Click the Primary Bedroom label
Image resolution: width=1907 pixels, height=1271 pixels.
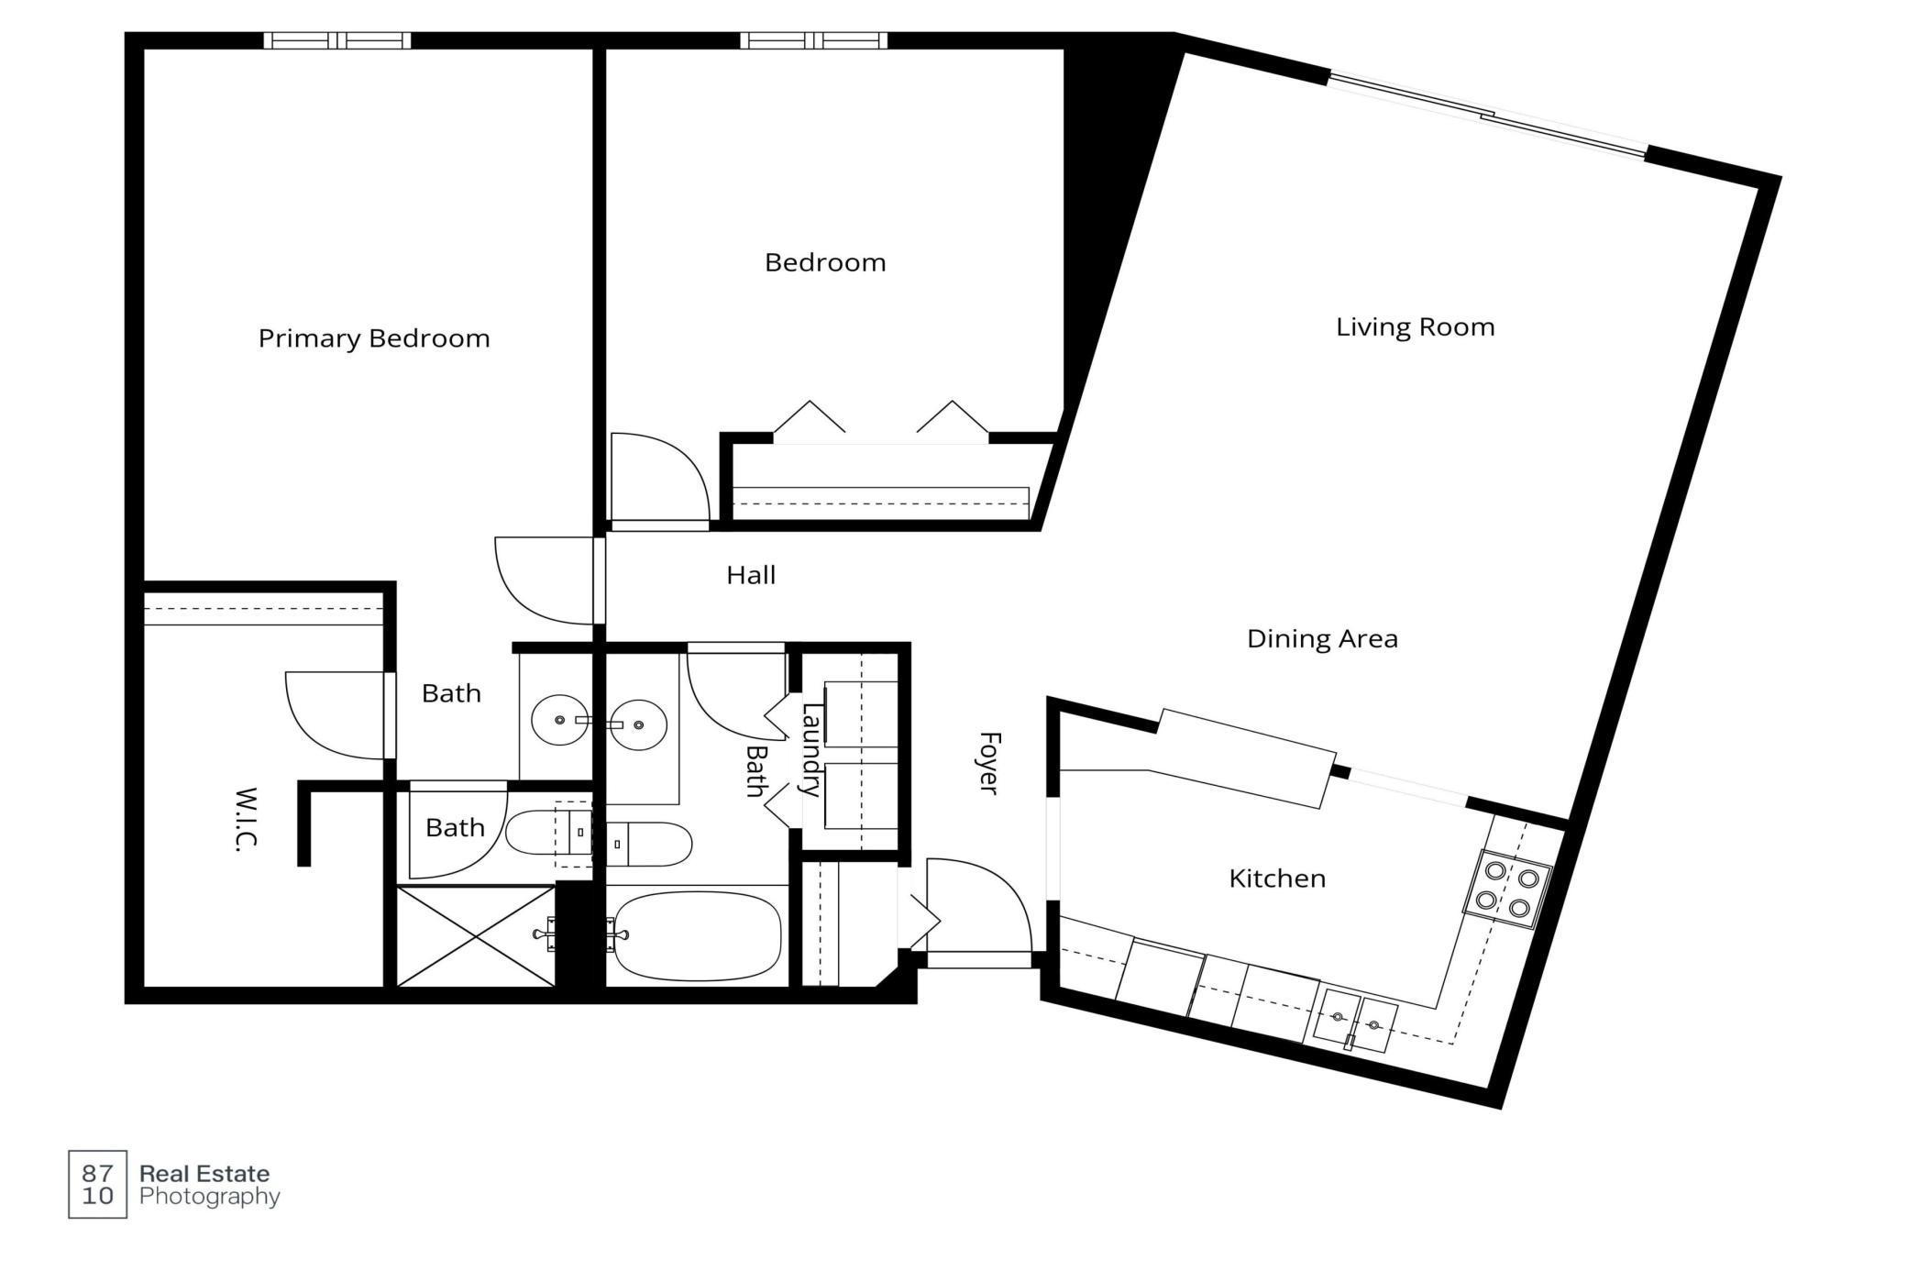click(x=373, y=338)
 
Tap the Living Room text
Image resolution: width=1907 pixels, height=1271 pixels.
click(x=1414, y=327)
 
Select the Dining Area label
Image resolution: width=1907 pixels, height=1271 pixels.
click(x=1321, y=639)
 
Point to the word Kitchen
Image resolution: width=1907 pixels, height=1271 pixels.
click(x=1276, y=879)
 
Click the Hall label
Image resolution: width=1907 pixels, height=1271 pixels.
click(x=750, y=576)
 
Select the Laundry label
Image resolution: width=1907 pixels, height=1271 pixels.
click(x=810, y=748)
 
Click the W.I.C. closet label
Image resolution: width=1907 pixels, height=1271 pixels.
click(x=245, y=819)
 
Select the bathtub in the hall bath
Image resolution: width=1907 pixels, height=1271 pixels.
click(x=697, y=935)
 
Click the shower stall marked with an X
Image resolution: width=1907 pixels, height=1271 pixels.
click(x=475, y=935)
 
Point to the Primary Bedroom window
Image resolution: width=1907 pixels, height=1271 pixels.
click(x=336, y=40)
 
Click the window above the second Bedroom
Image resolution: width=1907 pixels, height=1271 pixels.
click(x=813, y=40)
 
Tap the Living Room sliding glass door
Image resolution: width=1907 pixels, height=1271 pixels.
click(x=1486, y=116)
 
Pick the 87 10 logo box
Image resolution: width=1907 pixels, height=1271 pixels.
click(x=97, y=1184)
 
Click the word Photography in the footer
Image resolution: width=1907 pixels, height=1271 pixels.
click(x=209, y=1197)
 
